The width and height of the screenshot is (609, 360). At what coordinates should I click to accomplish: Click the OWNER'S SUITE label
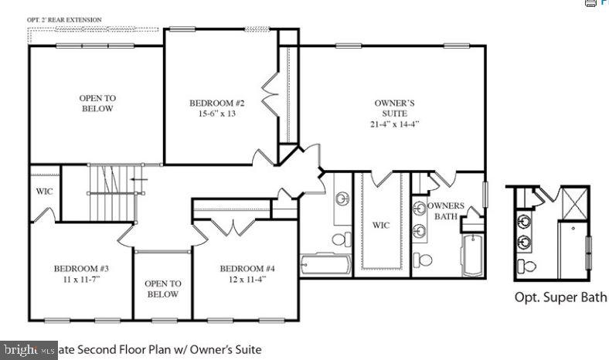pyautogui.click(x=395, y=107)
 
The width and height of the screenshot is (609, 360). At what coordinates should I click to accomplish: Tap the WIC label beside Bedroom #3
pyautogui.click(x=44, y=192)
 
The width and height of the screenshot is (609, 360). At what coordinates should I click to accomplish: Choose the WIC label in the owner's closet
pyautogui.click(x=381, y=226)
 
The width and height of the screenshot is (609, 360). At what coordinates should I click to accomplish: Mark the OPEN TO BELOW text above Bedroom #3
pyautogui.click(x=97, y=103)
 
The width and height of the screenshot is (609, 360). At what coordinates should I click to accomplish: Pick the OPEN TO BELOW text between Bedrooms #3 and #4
pyautogui.click(x=163, y=289)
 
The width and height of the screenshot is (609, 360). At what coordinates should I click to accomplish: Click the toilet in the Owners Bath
pyautogui.click(x=421, y=257)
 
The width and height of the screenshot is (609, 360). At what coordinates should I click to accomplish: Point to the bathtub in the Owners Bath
pyautogui.click(x=471, y=254)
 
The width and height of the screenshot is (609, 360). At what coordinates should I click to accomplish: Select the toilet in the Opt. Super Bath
pyautogui.click(x=528, y=266)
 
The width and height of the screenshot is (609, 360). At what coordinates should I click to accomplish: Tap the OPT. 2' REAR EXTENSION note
pyautogui.click(x=64, y=19)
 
